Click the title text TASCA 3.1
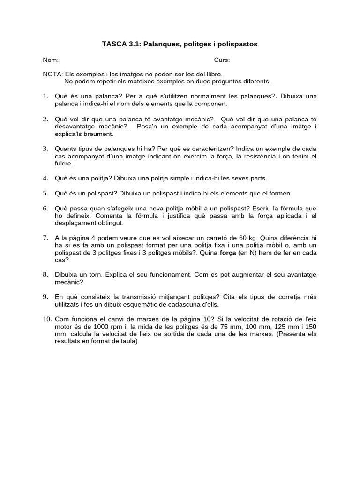tap(121, 44)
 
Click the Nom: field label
tap(51, 60)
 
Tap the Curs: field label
tap(222, 60)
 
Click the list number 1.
tap(45, 96)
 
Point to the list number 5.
tap(45, 193)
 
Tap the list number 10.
tap(47, 319)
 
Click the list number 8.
tap(45, 274)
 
